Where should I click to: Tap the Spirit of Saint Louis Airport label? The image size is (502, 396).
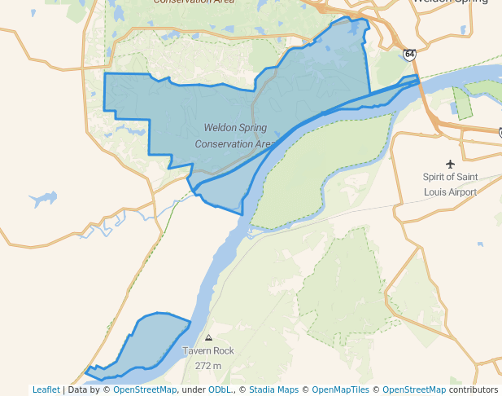pyautogui.click(x=450, y=184)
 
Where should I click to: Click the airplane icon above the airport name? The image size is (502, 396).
pyautogui.click(x=450, y=164)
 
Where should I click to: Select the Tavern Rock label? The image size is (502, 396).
pyautogui.click(x=208, y=351)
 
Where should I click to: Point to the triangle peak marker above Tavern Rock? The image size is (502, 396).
pyautogui.click(x=209, y=337)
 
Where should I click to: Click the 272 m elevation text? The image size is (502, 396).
pyautogui.click(x=208, y=366)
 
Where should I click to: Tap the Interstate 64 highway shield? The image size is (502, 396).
pyautogui.click(x=408, y=55)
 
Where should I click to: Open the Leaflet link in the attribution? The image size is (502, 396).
pyautogui.click(x=46, y=389)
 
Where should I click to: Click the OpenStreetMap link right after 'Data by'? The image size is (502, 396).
pyautogui.click(x=145, y=389)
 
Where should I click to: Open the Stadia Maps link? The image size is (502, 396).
pyautogui.click(x=273, y=389)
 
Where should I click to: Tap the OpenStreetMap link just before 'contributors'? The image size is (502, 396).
pyautogui.click(x=414, y=389)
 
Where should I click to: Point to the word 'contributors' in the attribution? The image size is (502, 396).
pyautogui.click(x=474, y=389)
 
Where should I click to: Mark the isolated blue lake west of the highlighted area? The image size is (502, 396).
pyautogui.click(x=42, y=198)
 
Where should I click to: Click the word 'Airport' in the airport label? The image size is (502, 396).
pyautogui.click(x=459, y=192)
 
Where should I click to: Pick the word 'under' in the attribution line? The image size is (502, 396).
pyautogui.click(x=193, y=389)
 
